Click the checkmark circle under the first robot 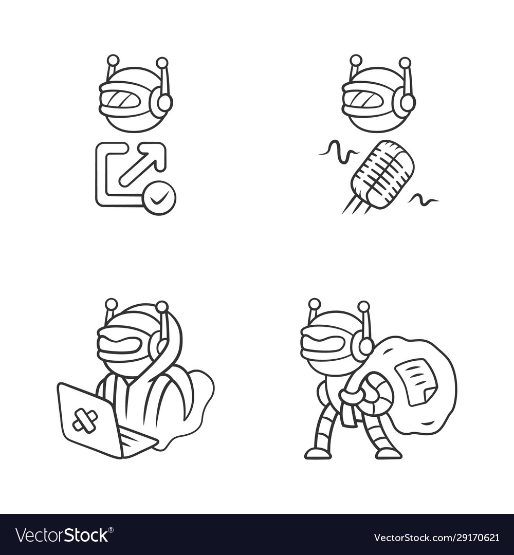pyautogui.click(x=159, y=198)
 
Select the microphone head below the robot pyautogui.click(x=382, y=174)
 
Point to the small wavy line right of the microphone pyautogui.click(x=424, y=198)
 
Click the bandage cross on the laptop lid pyautogui.click(x=85, y=419)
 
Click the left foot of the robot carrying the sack pyautogui.click(x=318, y=453)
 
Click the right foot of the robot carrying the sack pyautogui.click(x=388, y=453)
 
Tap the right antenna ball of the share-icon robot pyautogui.click(x=162, y=63)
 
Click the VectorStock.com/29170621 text pyautogui.click(x=436, y=538)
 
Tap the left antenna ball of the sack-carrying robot pyautogui.click(x=315, y=304)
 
